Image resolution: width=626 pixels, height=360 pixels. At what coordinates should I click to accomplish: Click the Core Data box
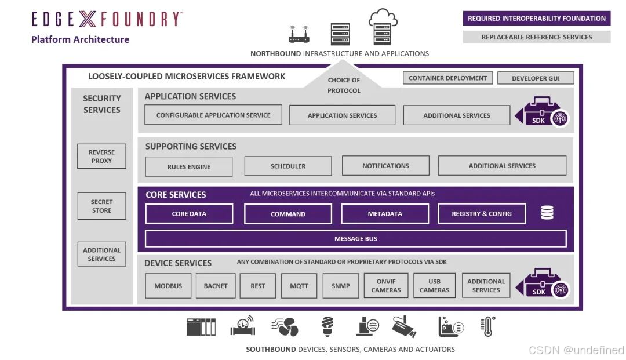(189, 214)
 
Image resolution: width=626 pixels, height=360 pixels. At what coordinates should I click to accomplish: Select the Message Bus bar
(355, 239)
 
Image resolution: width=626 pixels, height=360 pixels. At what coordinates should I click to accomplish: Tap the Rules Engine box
(189, 166)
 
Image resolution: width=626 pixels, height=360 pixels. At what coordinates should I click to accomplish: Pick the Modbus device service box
(168, 286)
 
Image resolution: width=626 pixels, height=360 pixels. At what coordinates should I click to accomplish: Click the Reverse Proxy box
(101, 157)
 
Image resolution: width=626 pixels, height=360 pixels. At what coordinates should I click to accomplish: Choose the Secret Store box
(101, 206)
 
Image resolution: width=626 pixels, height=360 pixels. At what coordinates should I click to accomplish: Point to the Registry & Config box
(482, 214)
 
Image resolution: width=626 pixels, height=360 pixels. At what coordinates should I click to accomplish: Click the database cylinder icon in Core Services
(547, 213)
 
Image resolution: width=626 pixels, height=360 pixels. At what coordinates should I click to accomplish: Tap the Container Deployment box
(447, 78)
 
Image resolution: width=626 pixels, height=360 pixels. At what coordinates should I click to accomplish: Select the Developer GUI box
(536, 78)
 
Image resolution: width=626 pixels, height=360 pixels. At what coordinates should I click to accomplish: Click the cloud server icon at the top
(383, 27)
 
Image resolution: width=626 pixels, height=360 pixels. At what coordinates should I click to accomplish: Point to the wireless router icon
(299, 35)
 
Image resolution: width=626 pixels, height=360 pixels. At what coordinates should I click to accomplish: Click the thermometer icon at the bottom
(488, 326)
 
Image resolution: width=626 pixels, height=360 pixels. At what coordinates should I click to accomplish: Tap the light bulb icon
(327, 327)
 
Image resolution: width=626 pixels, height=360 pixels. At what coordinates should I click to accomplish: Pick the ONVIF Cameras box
(386, 286)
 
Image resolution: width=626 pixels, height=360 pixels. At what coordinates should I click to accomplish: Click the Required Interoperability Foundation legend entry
(537, 19)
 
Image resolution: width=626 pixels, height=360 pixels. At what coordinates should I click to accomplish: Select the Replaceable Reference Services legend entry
(537, 37)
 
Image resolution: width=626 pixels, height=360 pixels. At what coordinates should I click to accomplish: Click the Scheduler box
(288, 166)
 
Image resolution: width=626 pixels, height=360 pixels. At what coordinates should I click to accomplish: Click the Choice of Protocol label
(344, 85)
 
